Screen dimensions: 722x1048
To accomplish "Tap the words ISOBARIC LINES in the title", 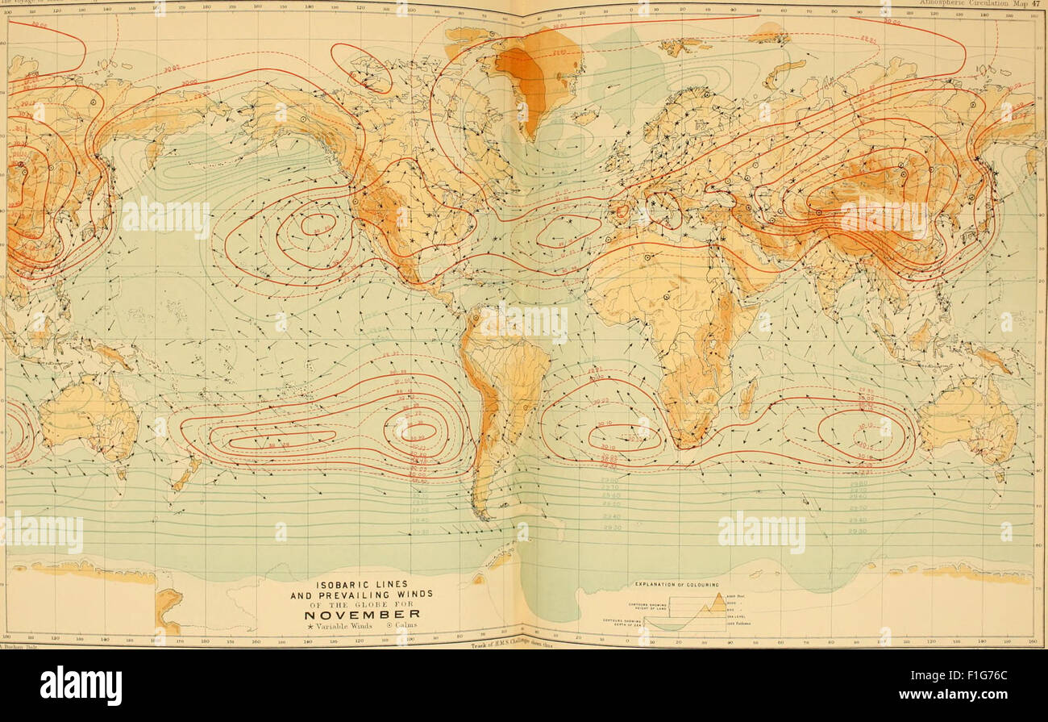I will tap(361, 583).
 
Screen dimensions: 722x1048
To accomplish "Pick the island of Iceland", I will tap(588, 116).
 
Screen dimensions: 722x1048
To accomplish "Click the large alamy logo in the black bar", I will tap(81, 686).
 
